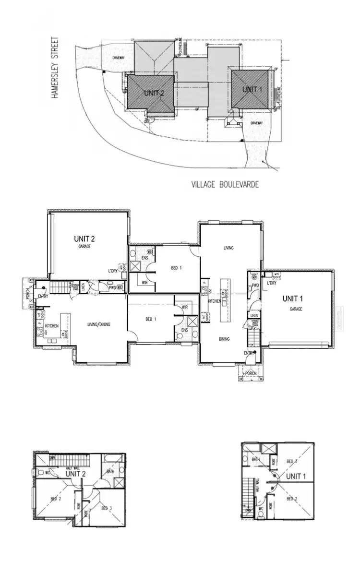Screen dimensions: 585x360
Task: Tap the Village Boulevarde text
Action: [225, 184]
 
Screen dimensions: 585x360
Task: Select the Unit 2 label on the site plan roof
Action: [154, 93]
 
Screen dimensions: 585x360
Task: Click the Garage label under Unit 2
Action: [85, 246]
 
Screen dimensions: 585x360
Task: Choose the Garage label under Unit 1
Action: [296, 309]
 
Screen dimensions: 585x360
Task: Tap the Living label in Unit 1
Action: [228, 248]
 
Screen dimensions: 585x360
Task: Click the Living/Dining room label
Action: [98, 324]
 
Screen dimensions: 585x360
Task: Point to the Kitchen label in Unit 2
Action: [52, 326]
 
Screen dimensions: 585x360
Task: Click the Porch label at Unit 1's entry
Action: [251, 373]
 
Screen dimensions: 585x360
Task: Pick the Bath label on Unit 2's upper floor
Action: [110, 471]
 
